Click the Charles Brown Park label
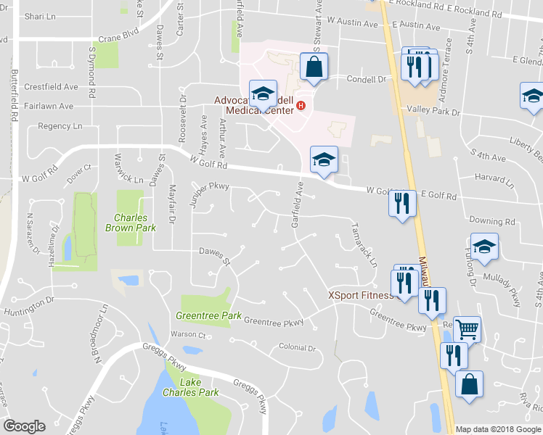point(131,222)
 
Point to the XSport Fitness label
point(360,295)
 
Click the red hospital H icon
point(301,106)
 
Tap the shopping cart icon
point(468,329)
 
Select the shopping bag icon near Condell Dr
point(314,67)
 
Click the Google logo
point(24,426)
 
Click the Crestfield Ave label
point(51,86)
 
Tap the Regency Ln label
point(60,126)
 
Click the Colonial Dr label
point(298,348)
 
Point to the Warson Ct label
point(188,334)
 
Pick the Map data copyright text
point(497,429)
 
